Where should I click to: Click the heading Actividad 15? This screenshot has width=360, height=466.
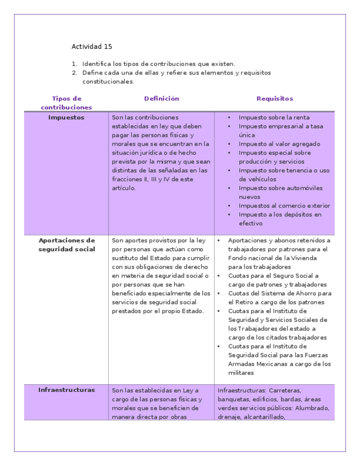[x=92, y=47]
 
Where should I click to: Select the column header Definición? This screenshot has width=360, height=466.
[x=162, y=99]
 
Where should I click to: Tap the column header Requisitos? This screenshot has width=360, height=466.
[x=275, y=99]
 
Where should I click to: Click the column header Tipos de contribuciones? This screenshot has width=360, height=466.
[x=66, y=103]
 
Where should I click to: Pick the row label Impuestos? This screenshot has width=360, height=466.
[x=66, y=118]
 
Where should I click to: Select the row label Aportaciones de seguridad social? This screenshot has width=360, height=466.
[x=67, y=245]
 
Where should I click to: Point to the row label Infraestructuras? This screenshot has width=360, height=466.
[x=67, y=390]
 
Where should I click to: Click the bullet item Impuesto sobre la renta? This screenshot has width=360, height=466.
[x=274, y=118]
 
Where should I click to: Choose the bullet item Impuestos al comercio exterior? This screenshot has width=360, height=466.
[x=284, y=206]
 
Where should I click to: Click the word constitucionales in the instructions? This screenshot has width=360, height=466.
[x=108, y=81]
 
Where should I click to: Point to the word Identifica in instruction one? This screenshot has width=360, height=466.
[x=96, y=64]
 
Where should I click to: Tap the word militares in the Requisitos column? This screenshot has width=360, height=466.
[x=241, y=373]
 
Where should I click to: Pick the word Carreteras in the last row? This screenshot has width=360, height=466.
[x=282, y=391]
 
